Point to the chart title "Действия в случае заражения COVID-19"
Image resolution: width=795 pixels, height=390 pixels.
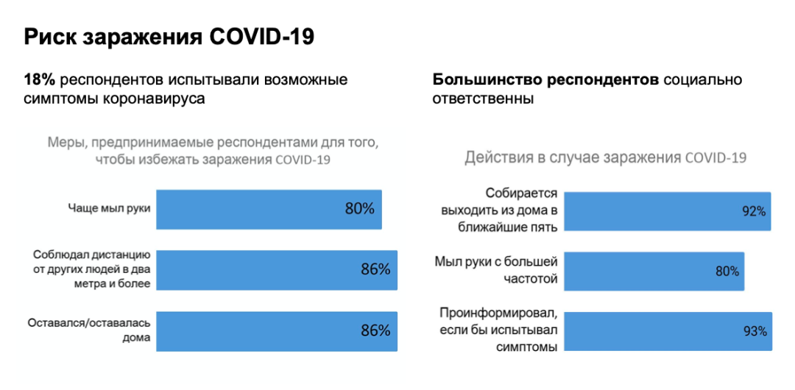click(x=605, y=157)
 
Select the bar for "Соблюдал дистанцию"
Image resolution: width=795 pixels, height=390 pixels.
click(x=278, y=269)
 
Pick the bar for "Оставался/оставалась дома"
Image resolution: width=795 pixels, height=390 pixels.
click(x=278, y=330)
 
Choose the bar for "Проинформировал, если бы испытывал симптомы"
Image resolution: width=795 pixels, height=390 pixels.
click(x=668, y=330)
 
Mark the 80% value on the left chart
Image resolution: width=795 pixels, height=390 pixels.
click(x=360, y=208)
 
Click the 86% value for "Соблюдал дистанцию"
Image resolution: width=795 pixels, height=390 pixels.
click(x=375, y=269)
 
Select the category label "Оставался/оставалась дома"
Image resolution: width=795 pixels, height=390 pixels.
click(x=89, y=330)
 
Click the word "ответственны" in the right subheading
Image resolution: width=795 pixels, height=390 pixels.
click(x=483, y=99)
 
